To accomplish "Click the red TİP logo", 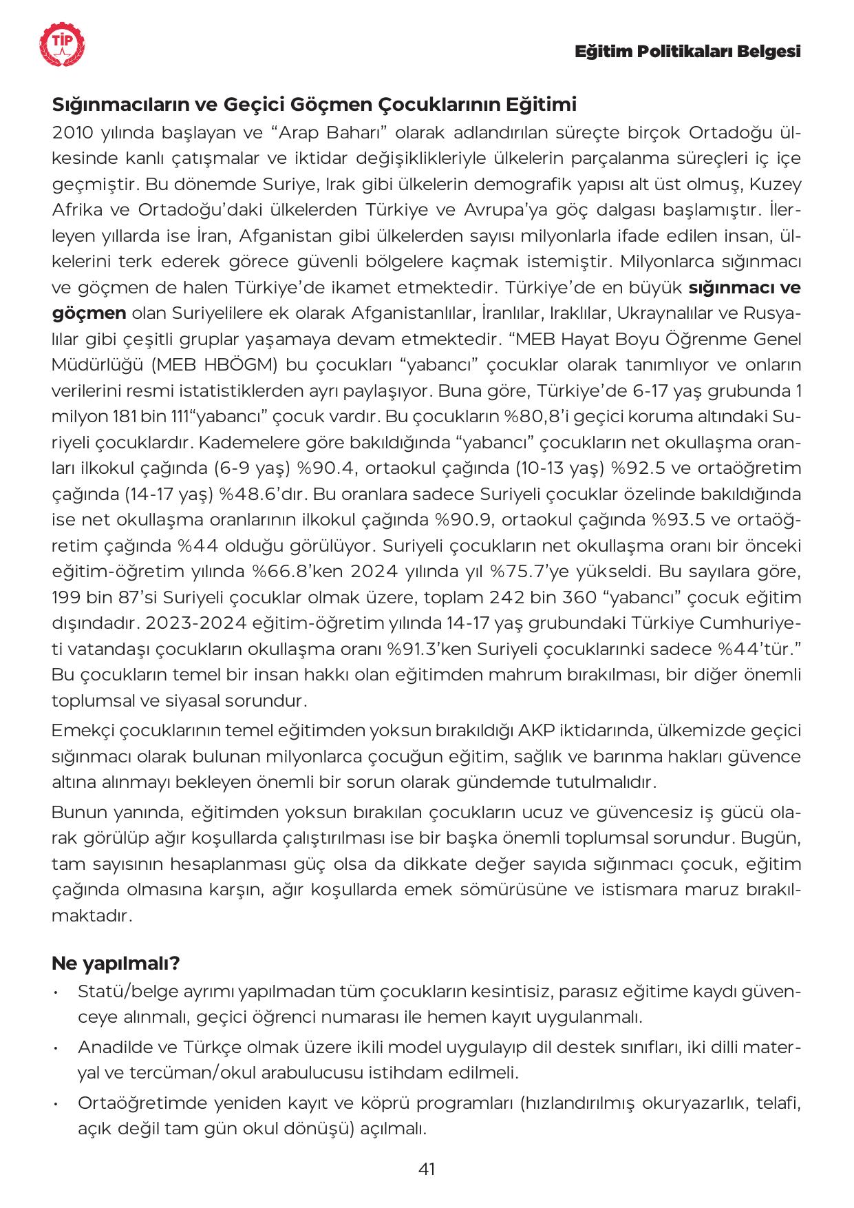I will (63, 46).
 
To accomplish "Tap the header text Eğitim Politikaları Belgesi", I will (687, 52).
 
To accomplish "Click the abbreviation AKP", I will (538, 730).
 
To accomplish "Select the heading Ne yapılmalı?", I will (116, 963).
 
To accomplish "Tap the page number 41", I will (427, 1169).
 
